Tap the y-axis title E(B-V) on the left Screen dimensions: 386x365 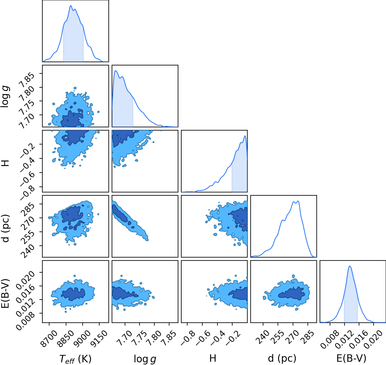point(6,293)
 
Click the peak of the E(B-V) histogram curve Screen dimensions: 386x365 point(350,266)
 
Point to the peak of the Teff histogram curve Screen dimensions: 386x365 point(71,6)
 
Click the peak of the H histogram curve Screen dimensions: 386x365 point(245,136)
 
